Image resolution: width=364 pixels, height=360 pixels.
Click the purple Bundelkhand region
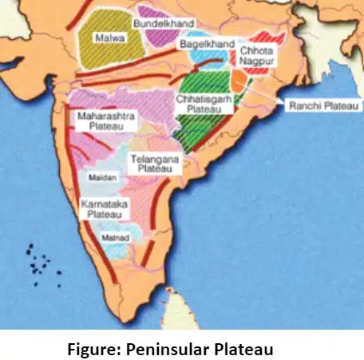click(x=152, y=11)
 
